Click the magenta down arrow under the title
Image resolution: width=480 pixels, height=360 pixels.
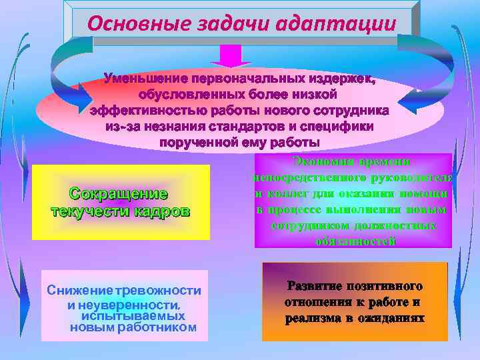tap(231, 55)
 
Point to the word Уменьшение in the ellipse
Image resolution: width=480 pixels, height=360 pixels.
tap(145, 80)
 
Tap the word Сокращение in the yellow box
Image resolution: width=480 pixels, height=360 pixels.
tap(119, 194)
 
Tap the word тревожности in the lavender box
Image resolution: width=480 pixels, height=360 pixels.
tap(159, 291)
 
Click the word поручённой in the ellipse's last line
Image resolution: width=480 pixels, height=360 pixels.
tap(193, 142)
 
